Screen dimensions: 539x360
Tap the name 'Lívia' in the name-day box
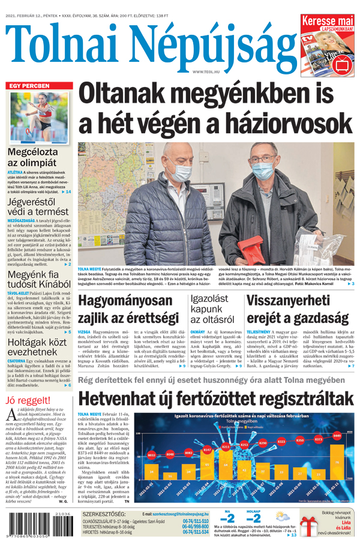coord(346,522)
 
